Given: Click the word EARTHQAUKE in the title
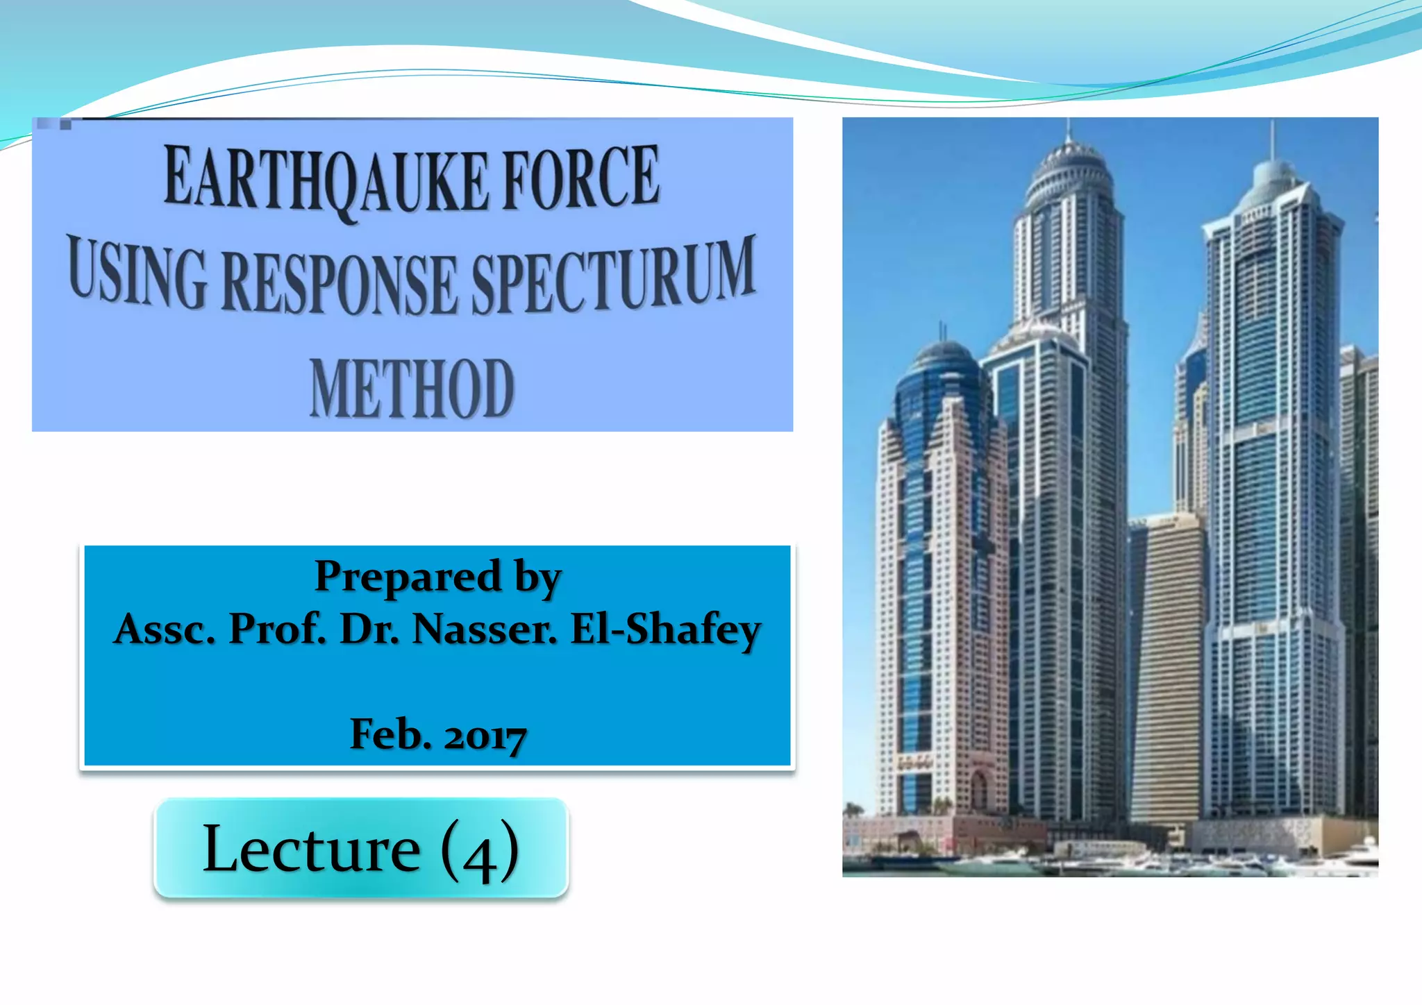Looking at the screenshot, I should point(326,180).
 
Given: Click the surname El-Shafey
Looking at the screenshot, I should point(666,630).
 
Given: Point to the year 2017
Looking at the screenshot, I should point(485,736).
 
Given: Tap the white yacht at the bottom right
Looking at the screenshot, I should point(1361,853).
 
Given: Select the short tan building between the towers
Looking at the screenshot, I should point(1167,666).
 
